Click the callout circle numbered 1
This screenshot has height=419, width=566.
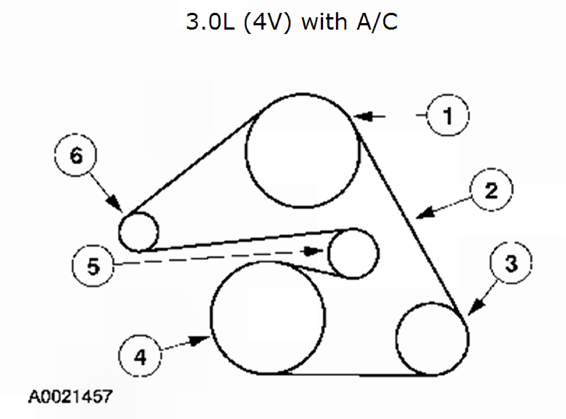pyautogui.click(x=448, y=115)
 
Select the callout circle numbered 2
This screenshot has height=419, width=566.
pyautogui.click(x=491, y=189)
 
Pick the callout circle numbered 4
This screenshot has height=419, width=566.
pyautogui.click(x=140, y=356)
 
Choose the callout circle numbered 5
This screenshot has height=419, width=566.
pyautogui.click(x=93, y=266)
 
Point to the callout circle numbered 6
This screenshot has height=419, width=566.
pyautogui.click(x=76, y=155)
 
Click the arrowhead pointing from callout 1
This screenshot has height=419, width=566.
pyautogui.click(x=362, y=116)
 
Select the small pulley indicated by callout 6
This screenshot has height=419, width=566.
pyautogui.click(x=139, y=232)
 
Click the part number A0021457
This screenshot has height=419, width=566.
pyautogui.click(x=70, y=396)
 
